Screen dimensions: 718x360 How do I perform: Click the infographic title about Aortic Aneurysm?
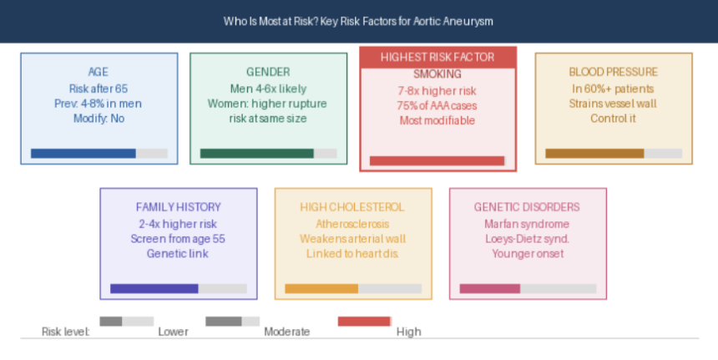pos(358,22)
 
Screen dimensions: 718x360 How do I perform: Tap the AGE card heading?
pos(99,72)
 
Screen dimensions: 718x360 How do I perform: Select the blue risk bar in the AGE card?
pos(83,154)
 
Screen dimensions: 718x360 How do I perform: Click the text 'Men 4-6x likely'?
pos(268,89)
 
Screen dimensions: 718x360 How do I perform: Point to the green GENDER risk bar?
pos(257,154)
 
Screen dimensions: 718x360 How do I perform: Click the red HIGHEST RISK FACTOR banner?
pos(437,58)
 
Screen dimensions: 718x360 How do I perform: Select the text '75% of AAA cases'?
pos(437,105)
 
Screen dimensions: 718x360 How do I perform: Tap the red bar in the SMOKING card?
pos(437,160)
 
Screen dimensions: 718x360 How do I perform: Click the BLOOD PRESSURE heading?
pos(613,72)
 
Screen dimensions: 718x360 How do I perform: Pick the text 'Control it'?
pos(613,118)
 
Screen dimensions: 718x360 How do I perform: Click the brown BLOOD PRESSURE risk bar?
pos(594,154)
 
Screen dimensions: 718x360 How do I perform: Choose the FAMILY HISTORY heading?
pos(179,207)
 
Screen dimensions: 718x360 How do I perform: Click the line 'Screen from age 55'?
pos(178,239)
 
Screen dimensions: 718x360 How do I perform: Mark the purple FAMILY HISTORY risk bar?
pos(154,288)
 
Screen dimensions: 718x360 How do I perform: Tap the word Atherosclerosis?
pos(352,224)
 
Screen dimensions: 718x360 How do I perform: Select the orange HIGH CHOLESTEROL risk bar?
pos(321,288)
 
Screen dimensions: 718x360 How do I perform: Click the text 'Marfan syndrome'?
pos(527,224)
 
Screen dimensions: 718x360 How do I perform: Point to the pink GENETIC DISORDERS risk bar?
pos(490,288)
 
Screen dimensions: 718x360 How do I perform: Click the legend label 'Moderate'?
pos(287,332)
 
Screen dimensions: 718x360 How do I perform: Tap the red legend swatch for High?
pos(364,322)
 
